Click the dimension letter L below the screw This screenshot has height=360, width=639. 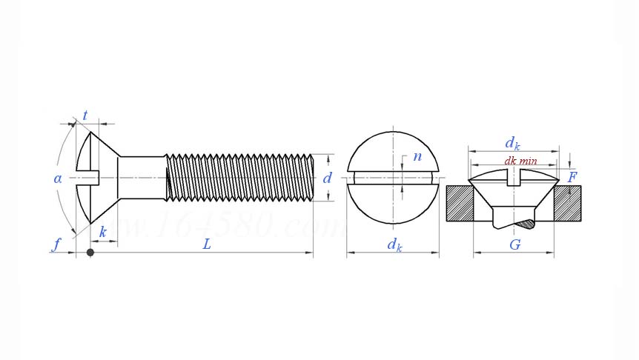(x=207, y=244)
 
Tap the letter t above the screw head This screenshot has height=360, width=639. (x=85, y=116)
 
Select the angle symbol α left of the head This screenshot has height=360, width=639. (x=58, y=179)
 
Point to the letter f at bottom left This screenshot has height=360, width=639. (x=56, y=244)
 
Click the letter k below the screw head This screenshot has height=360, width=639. (x=102, y=233)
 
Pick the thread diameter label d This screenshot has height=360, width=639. (x=327, y=179)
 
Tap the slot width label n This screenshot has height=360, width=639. (x=417, y=156)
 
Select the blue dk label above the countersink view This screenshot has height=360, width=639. (x=512, y=142)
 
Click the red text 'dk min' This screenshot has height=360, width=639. (x=520, y=161)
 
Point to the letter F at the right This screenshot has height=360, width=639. (x=572, y=178)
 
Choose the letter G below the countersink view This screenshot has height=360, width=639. (x=514, y=244)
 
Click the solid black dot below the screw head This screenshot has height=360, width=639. (x=90, y=253)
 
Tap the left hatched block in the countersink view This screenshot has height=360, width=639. (x=460, y=203)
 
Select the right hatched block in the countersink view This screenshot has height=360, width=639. (x=567, y=203)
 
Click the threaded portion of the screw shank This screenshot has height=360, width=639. (x=237, y=178)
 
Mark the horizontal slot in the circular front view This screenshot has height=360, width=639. (x=393, y=178)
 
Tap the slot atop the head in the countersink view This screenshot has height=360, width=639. (x=513, y=177)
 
